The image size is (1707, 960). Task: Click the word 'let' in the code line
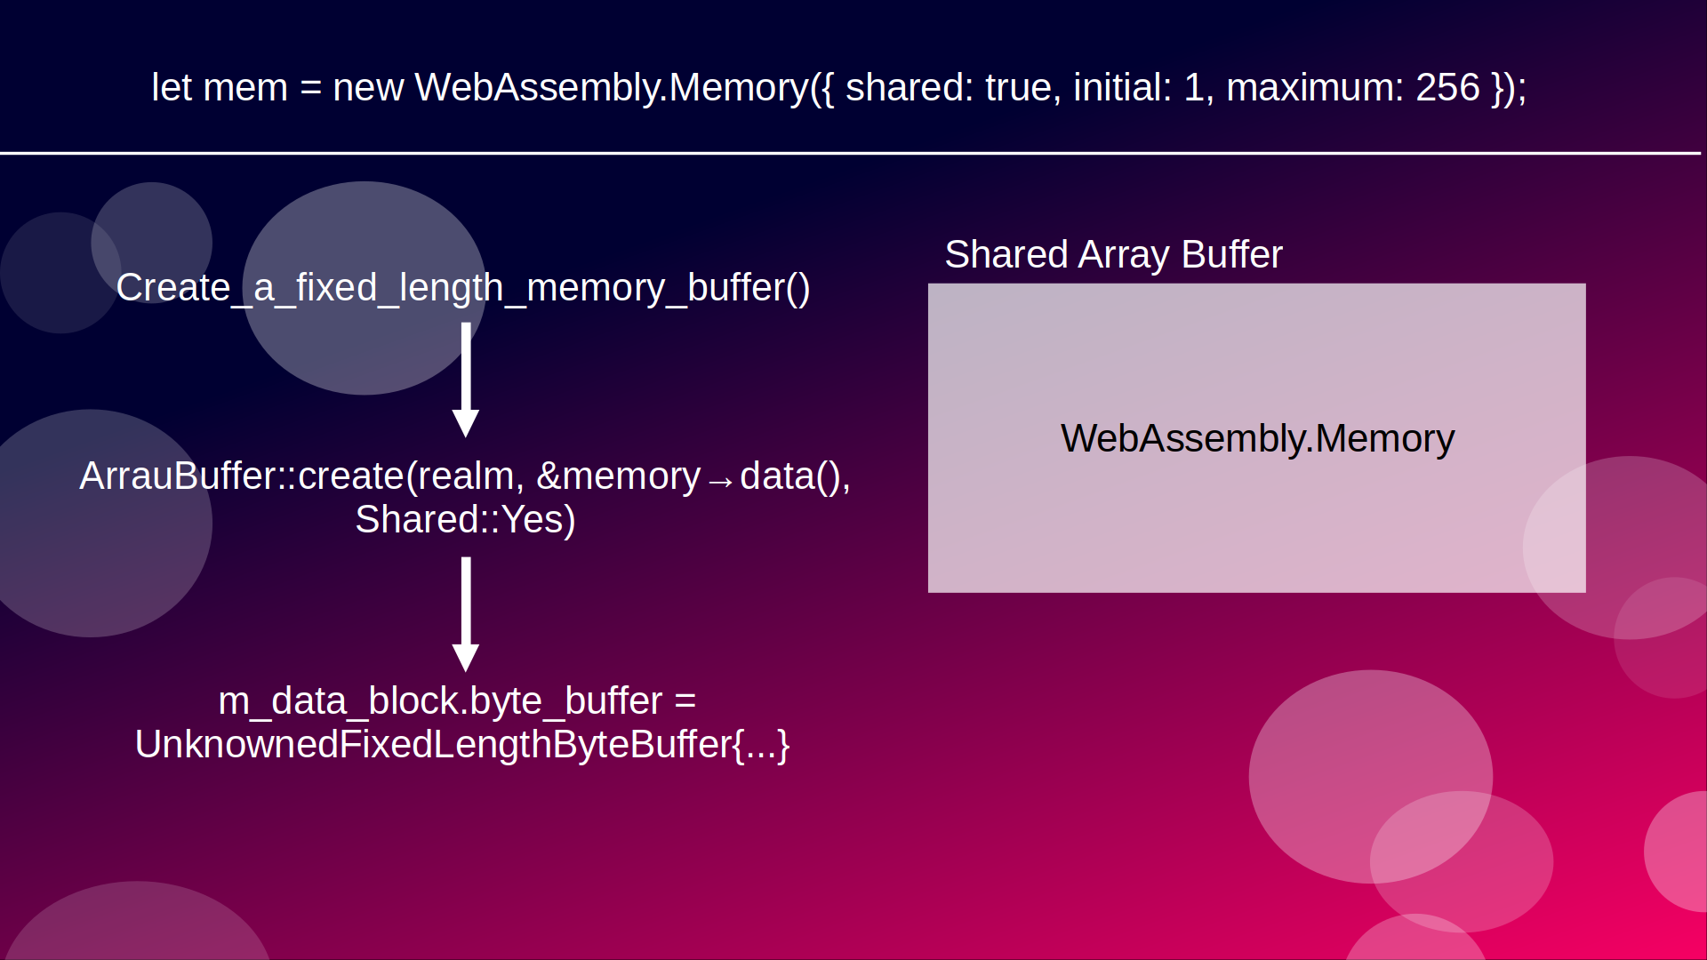pyautogui.click(x=171, y=88)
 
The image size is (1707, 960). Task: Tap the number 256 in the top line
pyautogui.click(x=1447, y=88)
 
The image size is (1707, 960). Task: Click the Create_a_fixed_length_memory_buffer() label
pyautogui.click(x=463, y=288)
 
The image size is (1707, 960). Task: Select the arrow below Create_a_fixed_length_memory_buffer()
pyautogui.click(x=466, y=380)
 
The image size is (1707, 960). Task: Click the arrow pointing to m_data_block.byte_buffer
pyautogui.click(x=466, y=614)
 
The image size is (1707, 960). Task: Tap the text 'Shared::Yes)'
pyautogui.click(x=465, y=520)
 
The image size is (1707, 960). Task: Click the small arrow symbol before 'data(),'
pyautogui.click(x=720, y=481)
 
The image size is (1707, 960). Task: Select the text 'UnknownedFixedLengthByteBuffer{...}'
pyautogui.click(x=462, y=745)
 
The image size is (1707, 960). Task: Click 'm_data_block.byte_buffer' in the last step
pyautogui.click(x=440, y=701)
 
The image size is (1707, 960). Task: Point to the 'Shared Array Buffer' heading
pyautogui.click(x=1113, y=255)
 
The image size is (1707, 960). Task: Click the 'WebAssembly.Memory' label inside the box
pyautogui.click(x=1257, y=439)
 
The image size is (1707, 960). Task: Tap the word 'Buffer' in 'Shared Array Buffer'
pyautogui.click(x=1231, y=255)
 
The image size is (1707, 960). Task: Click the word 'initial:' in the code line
pyautogui.click(x=1122, y=88)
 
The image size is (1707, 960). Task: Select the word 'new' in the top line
pyautogui.click(x=368, y=88)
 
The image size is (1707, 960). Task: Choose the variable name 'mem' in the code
pyautogui.click(x=245, y=88)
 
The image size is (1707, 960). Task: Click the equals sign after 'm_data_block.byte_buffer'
pyautogui.click(x=685, y=701)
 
